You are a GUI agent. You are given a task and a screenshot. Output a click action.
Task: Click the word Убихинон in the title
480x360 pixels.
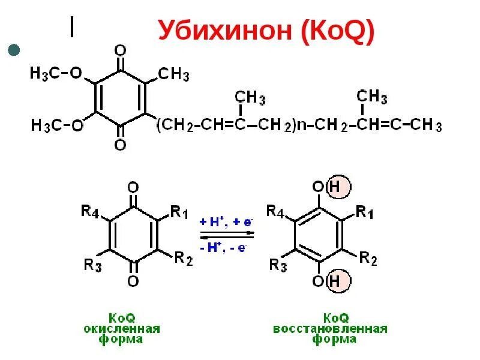click(x=226, y=30)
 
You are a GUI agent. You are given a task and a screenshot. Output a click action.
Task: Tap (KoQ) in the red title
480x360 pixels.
click(x=338, y=30)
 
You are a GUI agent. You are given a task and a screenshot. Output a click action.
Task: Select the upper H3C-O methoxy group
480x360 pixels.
click(x=56, y=74)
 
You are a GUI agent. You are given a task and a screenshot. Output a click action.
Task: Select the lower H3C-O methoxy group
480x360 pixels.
click(x=56, y=125)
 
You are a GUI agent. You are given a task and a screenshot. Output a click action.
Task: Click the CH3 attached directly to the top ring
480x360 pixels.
click(x=174, y=75)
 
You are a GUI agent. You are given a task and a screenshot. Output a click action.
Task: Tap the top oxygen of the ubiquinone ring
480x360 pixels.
click(x=121, y=50)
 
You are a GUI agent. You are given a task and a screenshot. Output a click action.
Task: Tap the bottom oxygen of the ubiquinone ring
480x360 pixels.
click(x=121, y=145)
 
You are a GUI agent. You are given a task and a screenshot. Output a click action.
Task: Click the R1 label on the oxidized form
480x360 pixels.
click(x=179, y=212)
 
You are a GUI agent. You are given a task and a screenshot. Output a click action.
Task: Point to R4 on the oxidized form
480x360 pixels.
click(x=90, y=212)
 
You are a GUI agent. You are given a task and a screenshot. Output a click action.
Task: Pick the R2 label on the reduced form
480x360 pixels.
click(x=368, y=259)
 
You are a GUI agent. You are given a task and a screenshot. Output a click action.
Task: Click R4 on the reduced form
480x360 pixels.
click(x=275, y=212)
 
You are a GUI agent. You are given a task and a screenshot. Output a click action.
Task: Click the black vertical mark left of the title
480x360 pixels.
click(x=72, y=26)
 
